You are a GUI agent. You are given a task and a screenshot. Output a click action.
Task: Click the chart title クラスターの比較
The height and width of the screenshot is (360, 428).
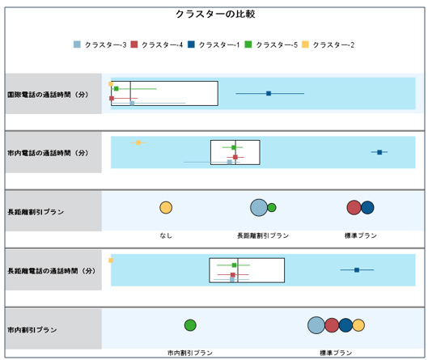pyautogui.click(x=215, y=14)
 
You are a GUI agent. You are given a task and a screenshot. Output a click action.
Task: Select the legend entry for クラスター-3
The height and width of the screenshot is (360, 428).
pyautogui.click(x=100, y=44)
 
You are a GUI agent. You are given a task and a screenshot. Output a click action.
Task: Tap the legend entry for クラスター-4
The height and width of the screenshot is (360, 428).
pyautogui.click(x=157, y=44)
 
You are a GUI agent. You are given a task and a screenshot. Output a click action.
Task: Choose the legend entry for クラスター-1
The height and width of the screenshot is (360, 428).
pyautogui.click(x=214, y=44)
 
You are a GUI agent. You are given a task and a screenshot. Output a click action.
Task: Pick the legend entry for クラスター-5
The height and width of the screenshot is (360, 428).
pyautogui.click(x=271, y=44)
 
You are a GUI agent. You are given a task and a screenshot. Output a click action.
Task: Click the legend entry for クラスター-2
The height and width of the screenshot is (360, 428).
pyautogui.click(x=328, y=44)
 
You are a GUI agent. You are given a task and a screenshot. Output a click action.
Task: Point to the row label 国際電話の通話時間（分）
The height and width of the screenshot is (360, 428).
pyautogui.click(x=48, y=95)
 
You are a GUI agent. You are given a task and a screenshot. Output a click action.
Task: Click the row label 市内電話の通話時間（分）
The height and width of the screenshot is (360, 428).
pyautogui.click(x=48, y=153)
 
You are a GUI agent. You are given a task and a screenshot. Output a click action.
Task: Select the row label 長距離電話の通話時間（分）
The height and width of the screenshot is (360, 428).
pyautogui.click(x=51, y=271)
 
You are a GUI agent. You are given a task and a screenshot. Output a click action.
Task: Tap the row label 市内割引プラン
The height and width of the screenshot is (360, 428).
pyautogui.click(x=32, y=330)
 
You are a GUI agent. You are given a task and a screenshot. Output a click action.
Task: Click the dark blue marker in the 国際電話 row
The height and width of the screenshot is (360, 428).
pyautogui.click(x=269, y=93)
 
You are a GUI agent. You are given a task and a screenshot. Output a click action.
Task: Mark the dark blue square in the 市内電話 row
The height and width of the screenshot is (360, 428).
pyautogui.click(x=379, y=152)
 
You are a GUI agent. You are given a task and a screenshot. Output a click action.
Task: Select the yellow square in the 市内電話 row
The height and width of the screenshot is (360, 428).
pyautogui.click(x=138, y=142)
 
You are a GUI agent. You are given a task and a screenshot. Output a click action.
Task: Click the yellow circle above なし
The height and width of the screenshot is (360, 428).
pyautogui.click(x=166, y=207)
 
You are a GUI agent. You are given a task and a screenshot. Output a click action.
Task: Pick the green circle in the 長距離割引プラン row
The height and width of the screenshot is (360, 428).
pyautogui.click(x=272, y=208)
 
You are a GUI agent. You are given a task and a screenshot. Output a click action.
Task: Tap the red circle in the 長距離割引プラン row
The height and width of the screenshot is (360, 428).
pyautogui.click(x=354, y=207)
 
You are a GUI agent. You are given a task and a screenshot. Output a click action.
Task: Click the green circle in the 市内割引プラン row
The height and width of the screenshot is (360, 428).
pyautogui.click(x=190, y=325)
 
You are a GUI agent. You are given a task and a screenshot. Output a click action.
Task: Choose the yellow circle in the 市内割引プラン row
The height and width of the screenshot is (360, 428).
pyautogui.click(x=358, y=325)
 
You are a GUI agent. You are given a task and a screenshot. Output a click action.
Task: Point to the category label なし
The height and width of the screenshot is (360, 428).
pyautogui.click(x=166, y=235)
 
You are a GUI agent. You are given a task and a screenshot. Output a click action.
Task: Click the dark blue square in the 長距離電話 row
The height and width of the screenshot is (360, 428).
pyautogui.click(x=357, y=270)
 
